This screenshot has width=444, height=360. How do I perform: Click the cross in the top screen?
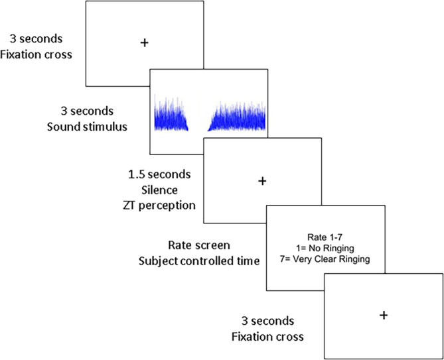(144, 42)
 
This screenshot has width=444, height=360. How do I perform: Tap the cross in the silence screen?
(261, 180)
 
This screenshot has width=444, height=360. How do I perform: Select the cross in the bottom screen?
(383, 315)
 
